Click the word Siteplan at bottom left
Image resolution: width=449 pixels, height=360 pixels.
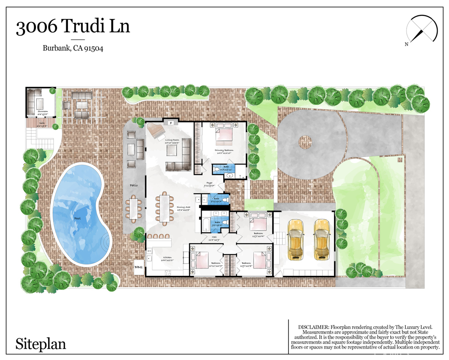point(41,343)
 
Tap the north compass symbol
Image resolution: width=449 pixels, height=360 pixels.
point(422,30)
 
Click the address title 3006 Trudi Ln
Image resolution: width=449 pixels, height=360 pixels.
point(73,27)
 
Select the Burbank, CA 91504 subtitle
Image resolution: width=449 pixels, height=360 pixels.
point(73,48)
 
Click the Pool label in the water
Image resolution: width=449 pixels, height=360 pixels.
point(77,217)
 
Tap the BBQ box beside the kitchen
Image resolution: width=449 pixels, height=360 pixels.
point(139,267)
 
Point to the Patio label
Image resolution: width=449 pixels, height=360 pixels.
point(134,185)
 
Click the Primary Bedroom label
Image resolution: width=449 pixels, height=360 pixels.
point(224,150)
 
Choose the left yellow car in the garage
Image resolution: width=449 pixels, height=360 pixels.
point(296,239)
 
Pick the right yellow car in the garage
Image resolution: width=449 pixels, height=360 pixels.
point(322,239)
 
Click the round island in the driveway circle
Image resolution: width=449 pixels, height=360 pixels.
point(305,141)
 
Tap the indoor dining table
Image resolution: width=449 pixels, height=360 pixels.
point(165,208)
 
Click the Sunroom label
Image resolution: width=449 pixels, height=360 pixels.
point(43,112)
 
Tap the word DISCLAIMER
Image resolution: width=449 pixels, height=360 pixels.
point(313,327)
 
